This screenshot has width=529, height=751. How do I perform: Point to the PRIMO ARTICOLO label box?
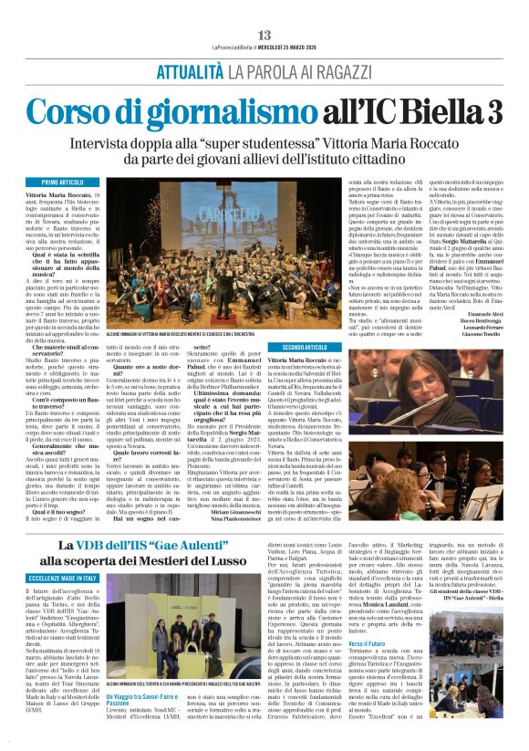pos(63,183)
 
